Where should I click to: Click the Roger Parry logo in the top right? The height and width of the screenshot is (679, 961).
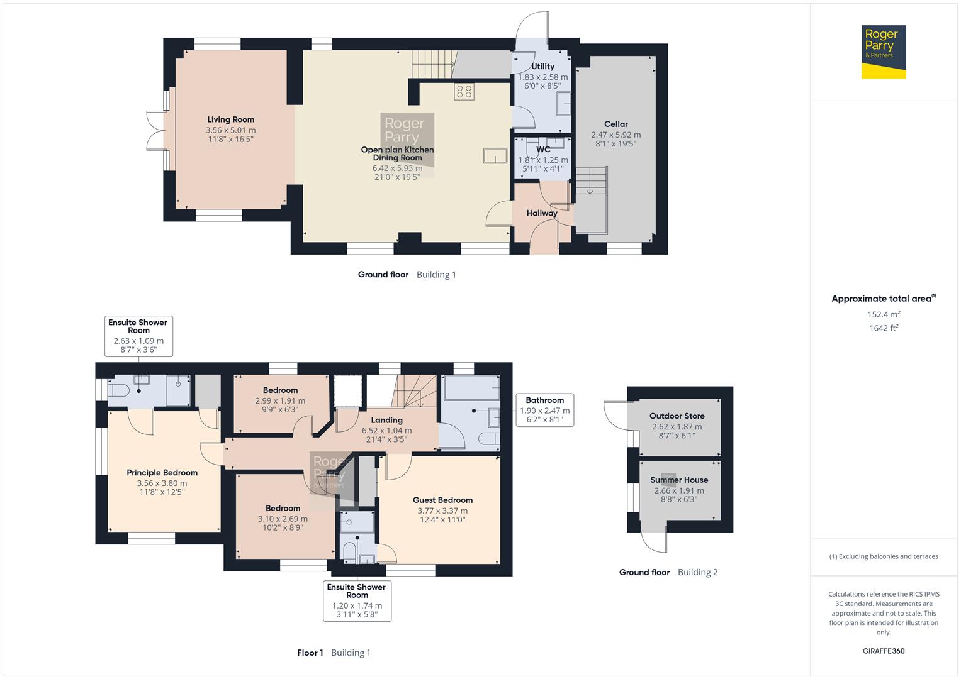(883, 52)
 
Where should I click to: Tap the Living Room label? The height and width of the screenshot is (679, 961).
(230, 119)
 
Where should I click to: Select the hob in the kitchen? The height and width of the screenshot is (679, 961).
(464, 91)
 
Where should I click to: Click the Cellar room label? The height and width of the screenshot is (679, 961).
(615, 124)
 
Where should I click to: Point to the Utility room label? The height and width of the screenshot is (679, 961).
(542, 66)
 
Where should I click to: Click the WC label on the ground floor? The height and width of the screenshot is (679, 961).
(543, 149)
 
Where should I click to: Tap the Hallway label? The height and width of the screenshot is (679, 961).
(541, 213)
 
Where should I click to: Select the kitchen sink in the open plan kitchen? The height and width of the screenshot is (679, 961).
(495, 155)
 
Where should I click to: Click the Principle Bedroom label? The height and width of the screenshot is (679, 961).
(162, 473)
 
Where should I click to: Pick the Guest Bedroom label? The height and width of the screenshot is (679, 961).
(442, 500)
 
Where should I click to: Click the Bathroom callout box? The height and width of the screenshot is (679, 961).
(544, 410)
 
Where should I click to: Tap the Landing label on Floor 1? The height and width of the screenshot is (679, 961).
(386, 420)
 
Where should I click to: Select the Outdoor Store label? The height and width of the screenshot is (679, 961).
(677, 416)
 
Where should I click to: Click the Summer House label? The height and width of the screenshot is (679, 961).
(679, 480)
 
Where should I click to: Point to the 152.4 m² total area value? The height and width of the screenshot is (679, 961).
(884, 314)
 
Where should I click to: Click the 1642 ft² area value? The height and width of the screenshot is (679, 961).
(884, 328)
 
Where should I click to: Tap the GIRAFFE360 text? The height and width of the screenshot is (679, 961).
(884, 651)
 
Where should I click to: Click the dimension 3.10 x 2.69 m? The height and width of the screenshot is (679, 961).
(283, 519)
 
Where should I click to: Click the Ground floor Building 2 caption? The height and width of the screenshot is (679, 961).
(668, 572)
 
